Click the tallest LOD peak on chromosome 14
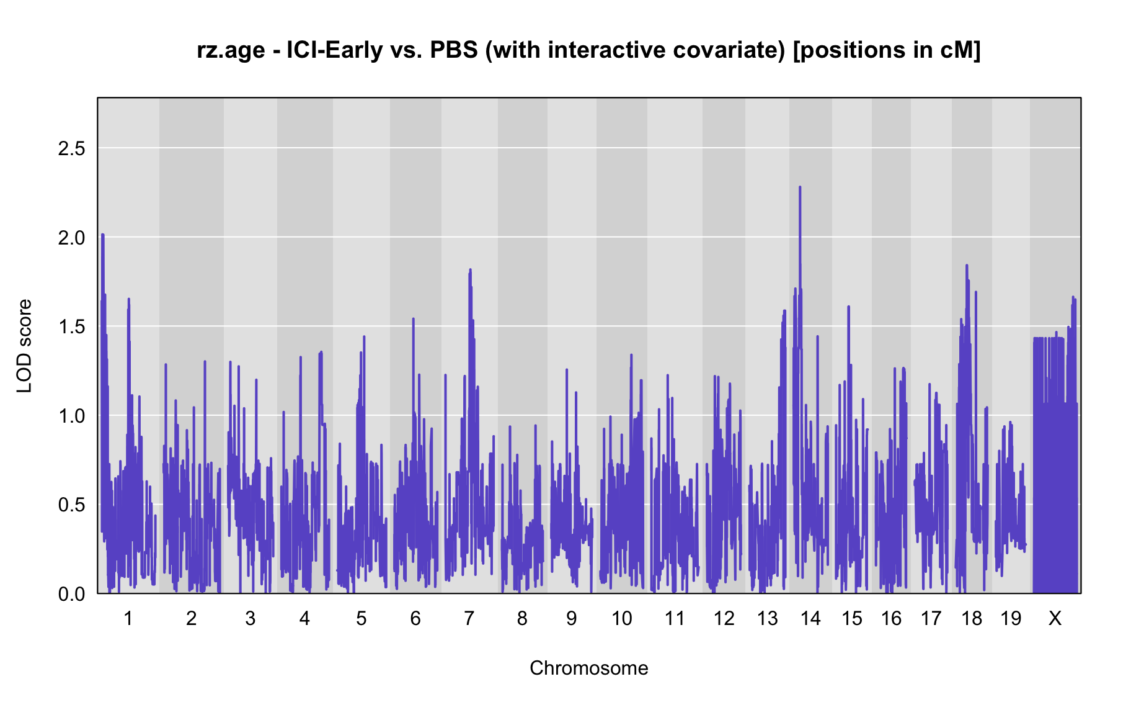point(800,187)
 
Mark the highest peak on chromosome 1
point(103,235)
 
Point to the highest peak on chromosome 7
point(470,270)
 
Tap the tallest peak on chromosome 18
point(966,266)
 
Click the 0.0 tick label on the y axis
point(72,595)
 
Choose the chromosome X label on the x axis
point(1055,618)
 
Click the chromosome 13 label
point(767,618)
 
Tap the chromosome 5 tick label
point(361,618)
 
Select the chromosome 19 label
point(1011,618)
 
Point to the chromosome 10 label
point(622,618)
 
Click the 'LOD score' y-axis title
point(25,346)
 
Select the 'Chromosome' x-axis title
point(589,668)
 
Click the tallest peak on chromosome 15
point(848,307)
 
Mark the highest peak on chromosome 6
point(413,318)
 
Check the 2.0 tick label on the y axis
point(72,238)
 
